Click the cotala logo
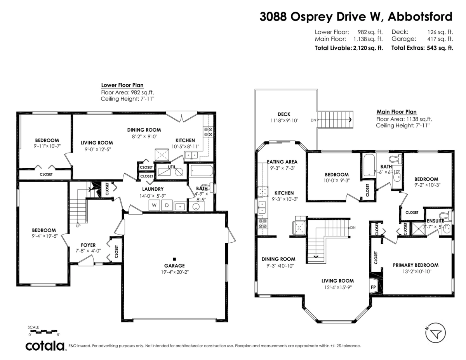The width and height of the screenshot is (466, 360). [45, 346]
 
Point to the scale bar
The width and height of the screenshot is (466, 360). [43, 331]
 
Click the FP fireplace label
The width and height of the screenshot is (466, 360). [374, 287]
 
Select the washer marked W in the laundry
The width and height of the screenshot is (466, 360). [154, 205]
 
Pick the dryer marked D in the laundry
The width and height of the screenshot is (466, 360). [167, 205]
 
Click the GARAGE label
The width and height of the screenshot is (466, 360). [174, 266]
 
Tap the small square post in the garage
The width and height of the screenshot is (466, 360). [174, 259]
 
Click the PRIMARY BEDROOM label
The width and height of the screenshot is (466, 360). [416, 265]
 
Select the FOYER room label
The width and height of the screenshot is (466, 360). [88, 245]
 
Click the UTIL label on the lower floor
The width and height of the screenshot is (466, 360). [171, 167]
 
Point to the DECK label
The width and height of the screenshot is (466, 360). [284, 114]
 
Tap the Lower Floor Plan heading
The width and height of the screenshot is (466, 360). [122, 85]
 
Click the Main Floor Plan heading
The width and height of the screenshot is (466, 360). [396, 112]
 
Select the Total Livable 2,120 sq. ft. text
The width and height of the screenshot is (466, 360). [348, 48]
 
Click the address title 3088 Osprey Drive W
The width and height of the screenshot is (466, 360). [356, 17]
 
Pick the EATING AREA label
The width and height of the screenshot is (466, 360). [282, 162]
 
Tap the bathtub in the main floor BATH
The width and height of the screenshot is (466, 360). [368, 165]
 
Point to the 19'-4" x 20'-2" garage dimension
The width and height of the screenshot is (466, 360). [174, 272]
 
